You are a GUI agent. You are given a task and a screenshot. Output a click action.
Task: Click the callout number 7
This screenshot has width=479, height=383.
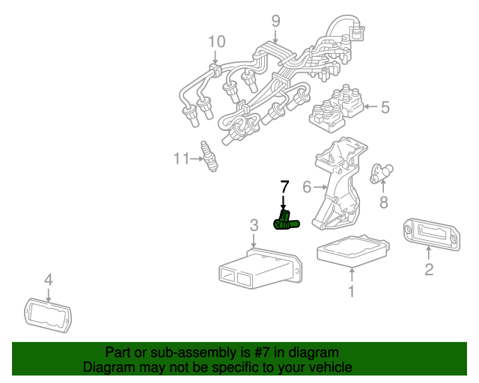284,186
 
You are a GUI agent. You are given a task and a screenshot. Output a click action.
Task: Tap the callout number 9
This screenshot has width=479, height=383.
275,20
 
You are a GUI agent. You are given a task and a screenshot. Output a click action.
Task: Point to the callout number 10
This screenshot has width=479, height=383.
216,41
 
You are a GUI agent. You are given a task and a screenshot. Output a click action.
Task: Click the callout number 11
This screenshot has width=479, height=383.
181,158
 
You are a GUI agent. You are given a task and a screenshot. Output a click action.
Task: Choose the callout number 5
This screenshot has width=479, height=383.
385,108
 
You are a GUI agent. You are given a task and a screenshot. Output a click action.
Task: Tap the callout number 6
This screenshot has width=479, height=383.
307,186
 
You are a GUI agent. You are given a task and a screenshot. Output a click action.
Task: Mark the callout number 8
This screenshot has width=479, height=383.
384,201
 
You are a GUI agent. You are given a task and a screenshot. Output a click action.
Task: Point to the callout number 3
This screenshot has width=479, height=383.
254,224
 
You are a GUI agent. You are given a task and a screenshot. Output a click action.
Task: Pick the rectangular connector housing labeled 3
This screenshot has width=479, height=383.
258,269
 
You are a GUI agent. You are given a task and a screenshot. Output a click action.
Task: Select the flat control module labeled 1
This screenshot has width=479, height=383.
353,251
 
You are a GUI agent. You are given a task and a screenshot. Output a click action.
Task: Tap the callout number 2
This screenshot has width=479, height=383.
429,269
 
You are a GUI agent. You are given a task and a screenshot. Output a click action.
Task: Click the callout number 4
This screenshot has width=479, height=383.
48,281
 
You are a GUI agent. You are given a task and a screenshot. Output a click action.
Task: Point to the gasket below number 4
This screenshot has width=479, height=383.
47,313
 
